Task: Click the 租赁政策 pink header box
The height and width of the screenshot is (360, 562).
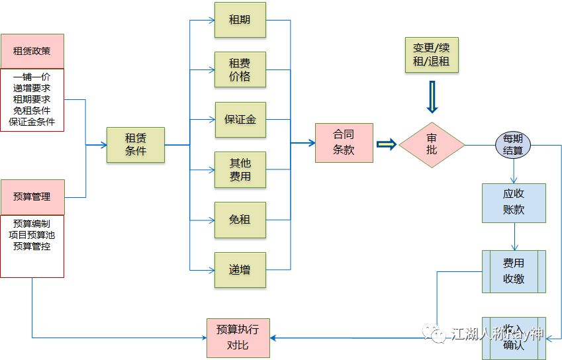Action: pyautogui.click(x=32, y=51)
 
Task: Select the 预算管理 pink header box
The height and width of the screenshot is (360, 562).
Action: pyautogui.click(x=32, y=197)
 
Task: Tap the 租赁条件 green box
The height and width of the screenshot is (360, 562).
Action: pyautogui.click(x=136, y=144)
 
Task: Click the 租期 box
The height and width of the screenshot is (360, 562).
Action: pyautogui.click(x=240, y=20)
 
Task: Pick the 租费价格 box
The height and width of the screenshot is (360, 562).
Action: pyautogui.click(x=240, y=69)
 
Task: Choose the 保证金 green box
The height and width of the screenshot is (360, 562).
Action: pyautogui.click(x=240, y=120)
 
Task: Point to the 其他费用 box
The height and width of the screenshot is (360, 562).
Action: pyautogui.click(x=240, y=169)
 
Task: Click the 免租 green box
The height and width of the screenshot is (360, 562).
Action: pyautogui.click(x=240, y=219)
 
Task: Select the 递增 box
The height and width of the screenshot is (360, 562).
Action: pyautogui.click(x=240, y=269)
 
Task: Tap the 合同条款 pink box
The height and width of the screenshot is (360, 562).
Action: pyautogui.click(x=344, y=142)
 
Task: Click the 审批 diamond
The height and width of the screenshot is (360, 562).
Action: pyautogui.click(x=432, y=144)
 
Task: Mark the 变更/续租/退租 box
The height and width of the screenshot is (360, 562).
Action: pyautogui.click(x=432, y=55)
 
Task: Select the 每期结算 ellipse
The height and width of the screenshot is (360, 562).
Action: pyautogui.click(x=513, y=145)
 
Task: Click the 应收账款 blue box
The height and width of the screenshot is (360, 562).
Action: pyautogui.click(x=514, y=202)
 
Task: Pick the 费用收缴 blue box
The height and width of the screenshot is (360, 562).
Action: pyautogui.click(x=514, y=271)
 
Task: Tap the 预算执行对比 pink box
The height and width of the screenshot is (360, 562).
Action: pyautogui.click(x=238, y=337)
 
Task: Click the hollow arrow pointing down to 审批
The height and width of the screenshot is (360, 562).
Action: pyautogui.click(x=432, y=98)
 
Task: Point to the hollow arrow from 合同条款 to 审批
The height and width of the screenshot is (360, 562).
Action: pyautogui.click(x=386, y=144)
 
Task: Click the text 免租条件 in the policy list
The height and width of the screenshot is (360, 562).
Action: pyautogui.click(x=32, y=111)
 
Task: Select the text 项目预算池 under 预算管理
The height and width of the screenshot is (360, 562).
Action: pyautogui.click(x=32, y=235)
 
